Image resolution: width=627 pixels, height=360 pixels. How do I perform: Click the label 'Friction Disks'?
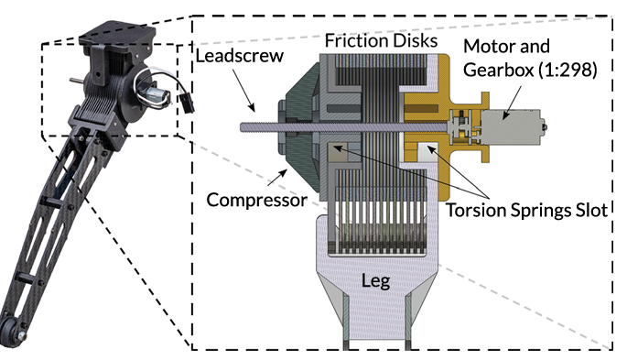[381, 40]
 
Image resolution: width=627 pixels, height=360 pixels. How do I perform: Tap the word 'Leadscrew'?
[240, 56]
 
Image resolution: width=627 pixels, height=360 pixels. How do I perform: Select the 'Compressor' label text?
[257, 200]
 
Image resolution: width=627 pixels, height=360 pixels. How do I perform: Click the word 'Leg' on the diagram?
[375, 281]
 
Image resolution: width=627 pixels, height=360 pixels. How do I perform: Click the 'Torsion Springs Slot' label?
[526, 210]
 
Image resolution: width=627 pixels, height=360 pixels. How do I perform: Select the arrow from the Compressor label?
[277, 178]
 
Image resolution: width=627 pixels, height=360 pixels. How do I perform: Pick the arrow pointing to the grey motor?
[513, 103]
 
